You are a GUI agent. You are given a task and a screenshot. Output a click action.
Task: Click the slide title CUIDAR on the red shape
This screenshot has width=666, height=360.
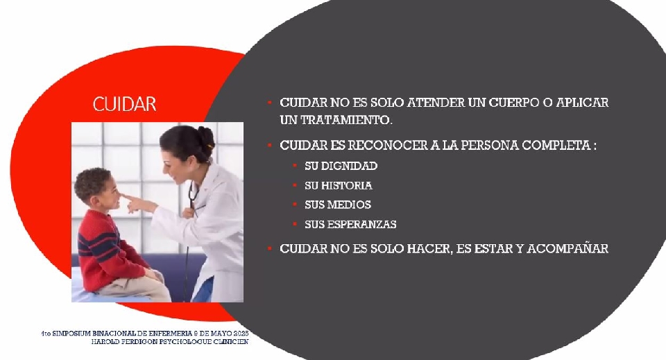click(x=124, y=104)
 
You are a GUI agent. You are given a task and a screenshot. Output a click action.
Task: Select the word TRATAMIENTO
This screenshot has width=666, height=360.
click(x=345, y=120)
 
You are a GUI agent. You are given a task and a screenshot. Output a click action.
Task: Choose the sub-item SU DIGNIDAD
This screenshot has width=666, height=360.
click(x=341, y=166)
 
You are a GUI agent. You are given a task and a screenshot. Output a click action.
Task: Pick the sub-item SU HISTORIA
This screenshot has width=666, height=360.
click(x=338, y=185)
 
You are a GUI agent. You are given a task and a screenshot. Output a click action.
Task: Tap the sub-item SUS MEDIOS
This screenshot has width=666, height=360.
click(x=338, y=205)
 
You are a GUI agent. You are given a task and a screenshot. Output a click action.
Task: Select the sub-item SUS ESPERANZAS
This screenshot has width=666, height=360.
click(x=350, y=224)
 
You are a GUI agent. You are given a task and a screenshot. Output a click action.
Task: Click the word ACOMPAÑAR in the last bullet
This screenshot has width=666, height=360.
click(x=568, y=248)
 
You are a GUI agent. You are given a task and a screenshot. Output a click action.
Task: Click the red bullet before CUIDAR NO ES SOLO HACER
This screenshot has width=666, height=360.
click(x=269, y=248)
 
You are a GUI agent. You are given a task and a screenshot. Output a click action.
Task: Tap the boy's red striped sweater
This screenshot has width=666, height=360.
click(x=110, y=250)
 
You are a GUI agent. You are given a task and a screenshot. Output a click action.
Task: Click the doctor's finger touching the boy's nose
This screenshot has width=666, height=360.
click(x=128, y=198)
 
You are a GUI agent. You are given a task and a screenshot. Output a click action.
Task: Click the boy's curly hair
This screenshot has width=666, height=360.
click(x=92, y=182)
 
